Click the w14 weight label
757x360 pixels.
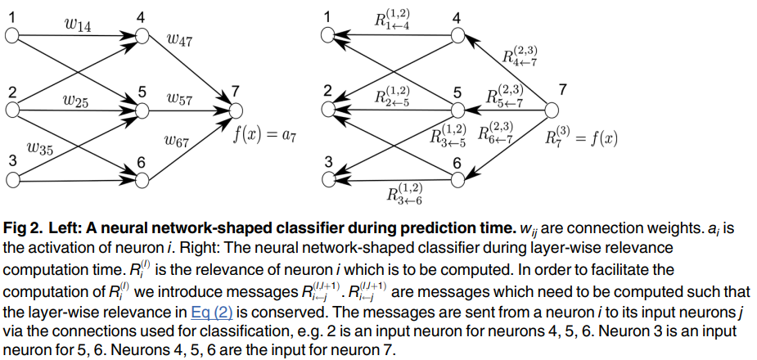click(x=78, y=25)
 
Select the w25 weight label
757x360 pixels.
click(x=76, y=101)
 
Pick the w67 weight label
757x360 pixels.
click(x=176, y=141)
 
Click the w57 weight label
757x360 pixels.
click(x=179, y=100)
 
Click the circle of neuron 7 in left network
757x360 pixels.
click(x=236, y=111)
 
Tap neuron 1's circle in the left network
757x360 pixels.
click(x=11, y=36)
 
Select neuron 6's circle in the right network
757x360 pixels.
click(x=457, y=180)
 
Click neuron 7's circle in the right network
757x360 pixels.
click(x=552, y=110)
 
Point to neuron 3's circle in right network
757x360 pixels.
click(x=329, y=180)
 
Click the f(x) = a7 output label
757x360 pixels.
click(x=264, y=135)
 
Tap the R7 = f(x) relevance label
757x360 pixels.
click(x=581, y=137)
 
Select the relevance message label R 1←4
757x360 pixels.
click(x=394, y=20)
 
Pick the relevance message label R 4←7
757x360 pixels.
click(x=520, y=56)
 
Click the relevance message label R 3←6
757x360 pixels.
click(x=404, y=195)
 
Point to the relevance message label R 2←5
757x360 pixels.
click(x=394, y=96)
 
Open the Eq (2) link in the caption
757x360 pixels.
click(x=211, y=313)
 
